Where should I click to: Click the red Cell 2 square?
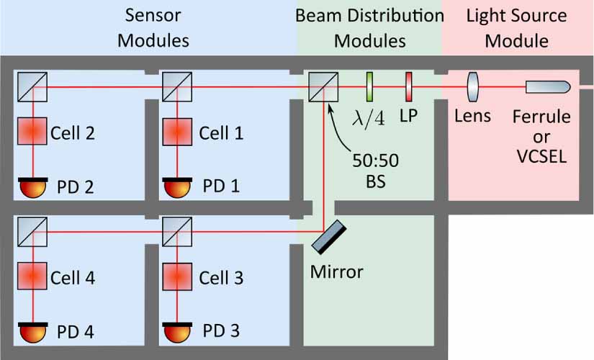pyautogui.click(x=32, y=132)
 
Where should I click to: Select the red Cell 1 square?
pyautogui.click(x=176, y=132)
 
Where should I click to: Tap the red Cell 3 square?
pyautogui.click(x=176, y=276)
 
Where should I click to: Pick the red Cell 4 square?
pyautogui.click(x=32, y=276)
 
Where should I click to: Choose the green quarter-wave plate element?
pyautogui.click(x=370, y=86)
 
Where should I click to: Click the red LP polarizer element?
pyautogui.click(x=408, y=86)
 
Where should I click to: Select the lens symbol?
pyautogui.click(x=472, y=86)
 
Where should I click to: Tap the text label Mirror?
pyautogui.click(x=336, y=272)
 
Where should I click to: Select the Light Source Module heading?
pyautogui.click(x=516, y=27)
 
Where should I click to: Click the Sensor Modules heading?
pyautogui.click(x=153, y=27)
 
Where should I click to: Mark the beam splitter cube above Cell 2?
pyautogui.click(x=32, y=86)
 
